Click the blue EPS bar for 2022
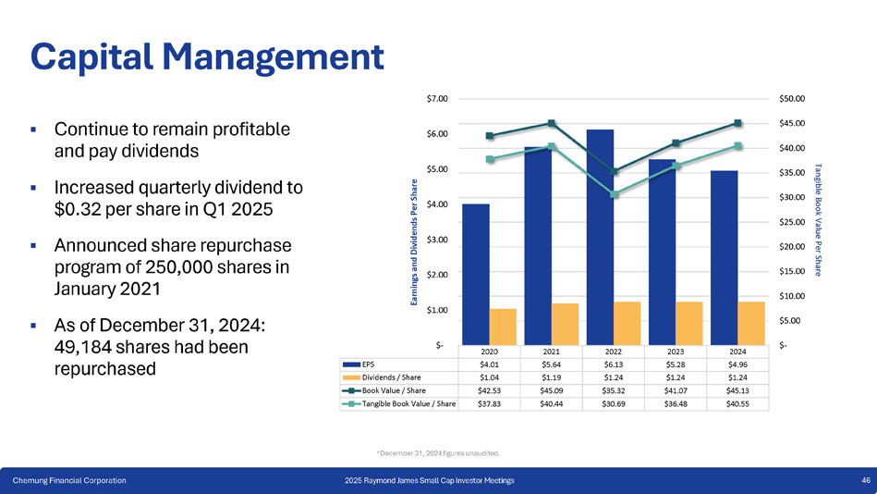600,236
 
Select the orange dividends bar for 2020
503,326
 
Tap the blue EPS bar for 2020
476,273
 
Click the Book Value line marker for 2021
552,123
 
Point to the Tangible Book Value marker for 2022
615,194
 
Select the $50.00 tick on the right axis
793,98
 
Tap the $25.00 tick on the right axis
793,222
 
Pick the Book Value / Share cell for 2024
738,390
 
